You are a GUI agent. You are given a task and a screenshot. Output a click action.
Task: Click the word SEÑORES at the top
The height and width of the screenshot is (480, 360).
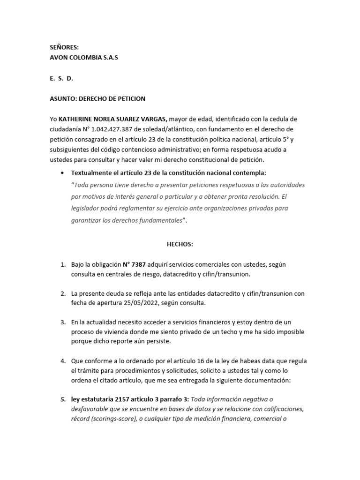click(64, 47)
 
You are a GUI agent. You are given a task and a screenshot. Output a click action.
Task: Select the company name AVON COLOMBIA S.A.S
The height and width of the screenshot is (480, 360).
click(84, 57)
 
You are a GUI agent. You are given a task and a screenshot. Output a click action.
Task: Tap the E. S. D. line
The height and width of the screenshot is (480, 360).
click(61, 78)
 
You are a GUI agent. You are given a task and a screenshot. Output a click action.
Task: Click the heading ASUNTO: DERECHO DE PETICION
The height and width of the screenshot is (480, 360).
click(97, 98)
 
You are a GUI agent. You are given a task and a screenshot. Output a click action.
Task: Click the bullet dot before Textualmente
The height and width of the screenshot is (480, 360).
click(62, 172)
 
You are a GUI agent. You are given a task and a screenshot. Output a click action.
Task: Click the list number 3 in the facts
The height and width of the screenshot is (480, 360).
click(62, 322)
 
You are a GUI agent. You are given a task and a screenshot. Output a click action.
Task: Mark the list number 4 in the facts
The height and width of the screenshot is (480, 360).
click(62, 361)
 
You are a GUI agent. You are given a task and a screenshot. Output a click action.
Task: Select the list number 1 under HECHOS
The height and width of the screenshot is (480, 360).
click(62, 264)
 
